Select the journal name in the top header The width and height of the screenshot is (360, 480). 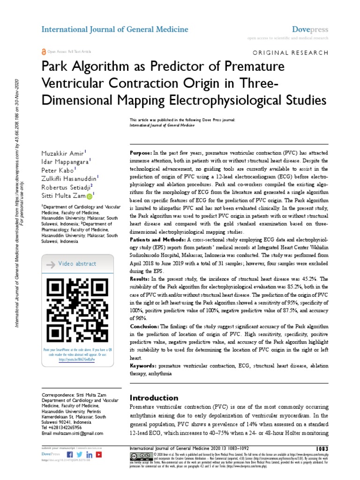click(x=115, y=29)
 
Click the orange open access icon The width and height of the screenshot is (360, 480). click(x=44, y=51)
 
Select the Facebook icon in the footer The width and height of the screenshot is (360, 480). click(x=70, y=455)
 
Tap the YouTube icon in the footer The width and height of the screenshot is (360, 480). click(x=99, y=455)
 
